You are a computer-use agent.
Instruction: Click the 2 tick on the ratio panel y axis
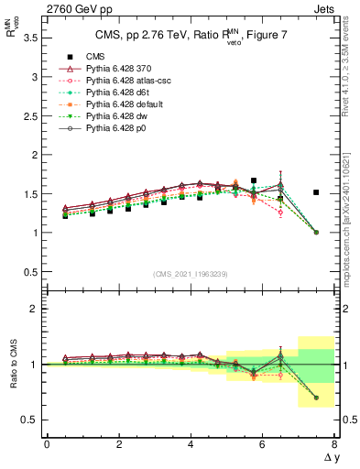(34, 309)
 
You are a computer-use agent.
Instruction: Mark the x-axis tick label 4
(191, 444)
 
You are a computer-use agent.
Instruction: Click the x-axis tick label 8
(333, 444)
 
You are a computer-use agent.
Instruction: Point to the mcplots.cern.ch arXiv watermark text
(352, 183)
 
